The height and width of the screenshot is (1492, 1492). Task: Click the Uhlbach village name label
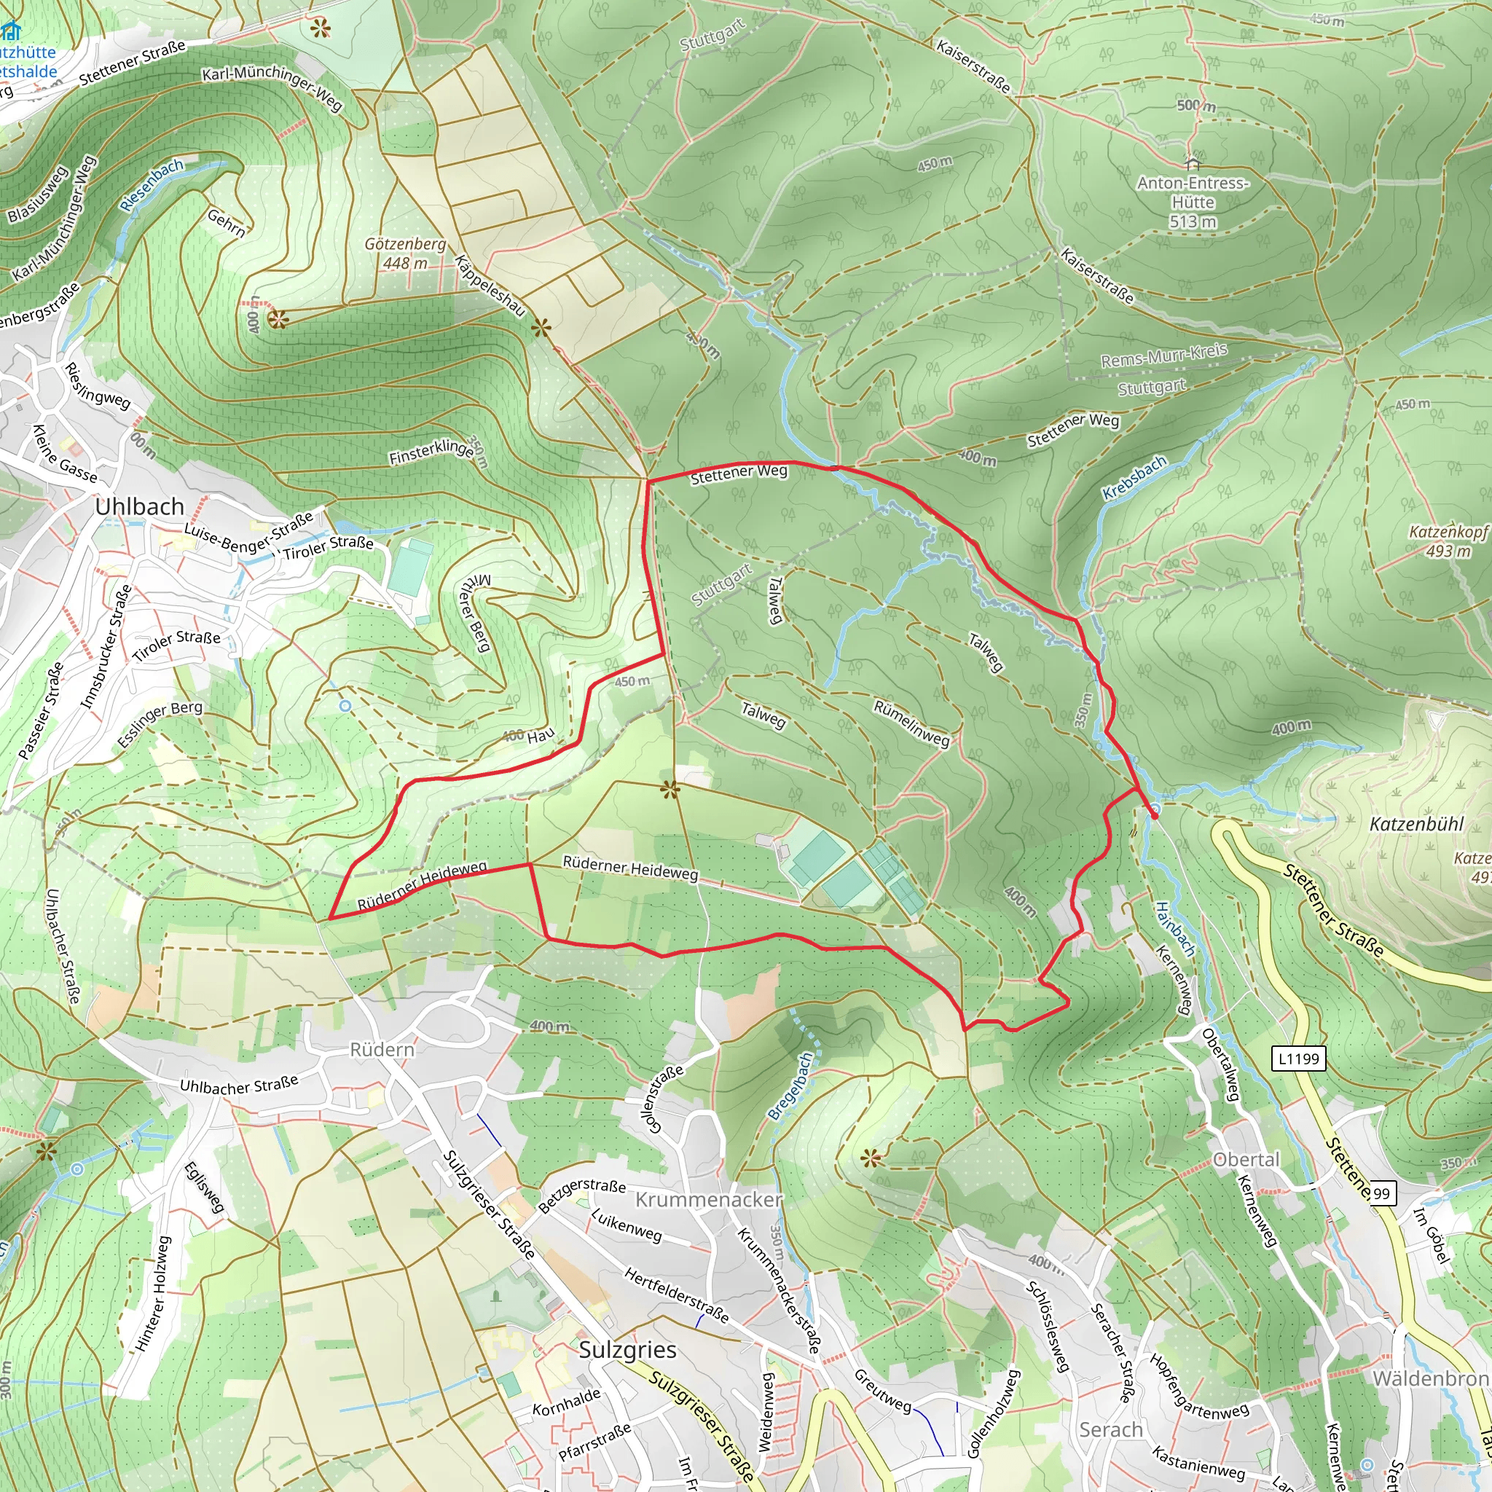pos(140,506)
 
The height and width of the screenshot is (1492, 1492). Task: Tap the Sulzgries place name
pos(627,1349)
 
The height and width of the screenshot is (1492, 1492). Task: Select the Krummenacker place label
pos(708,1198)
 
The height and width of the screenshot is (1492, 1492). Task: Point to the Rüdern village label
pos(382,1050)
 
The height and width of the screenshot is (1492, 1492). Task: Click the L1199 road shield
pos(1298,1058)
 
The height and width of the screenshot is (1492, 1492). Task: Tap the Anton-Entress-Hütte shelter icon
pos(1193,163)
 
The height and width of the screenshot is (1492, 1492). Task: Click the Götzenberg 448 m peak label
pos(406,254)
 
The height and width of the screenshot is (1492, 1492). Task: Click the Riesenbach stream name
pos(152,185)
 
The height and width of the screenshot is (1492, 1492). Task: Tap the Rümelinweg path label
pos(911,723)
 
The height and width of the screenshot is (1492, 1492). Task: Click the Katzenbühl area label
pos(1416,824)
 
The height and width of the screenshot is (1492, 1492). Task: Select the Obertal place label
pos(1246,1160)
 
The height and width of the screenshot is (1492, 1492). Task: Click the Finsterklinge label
pos(431,452)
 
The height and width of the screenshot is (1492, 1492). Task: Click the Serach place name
pos(1110,1429)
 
